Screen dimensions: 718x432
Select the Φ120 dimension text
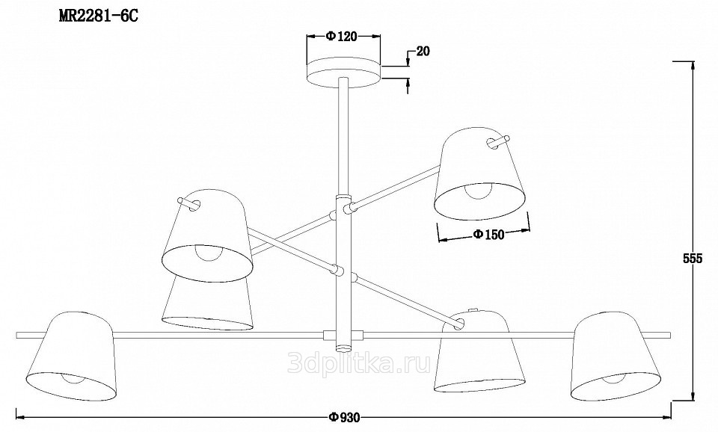tap(342, 36)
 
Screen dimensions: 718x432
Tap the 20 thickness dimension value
tap(423, 52)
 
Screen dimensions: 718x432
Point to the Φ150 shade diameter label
tap(488, 234)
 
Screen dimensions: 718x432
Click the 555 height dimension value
tap(693, 259)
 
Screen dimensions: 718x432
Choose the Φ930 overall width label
tap(344, 417)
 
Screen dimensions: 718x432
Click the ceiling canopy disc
tap(343, 73)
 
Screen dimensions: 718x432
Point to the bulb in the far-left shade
tap(73, 379)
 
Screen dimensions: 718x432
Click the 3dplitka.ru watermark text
tap(359, 364)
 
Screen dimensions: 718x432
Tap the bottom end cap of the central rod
tap(343, 347)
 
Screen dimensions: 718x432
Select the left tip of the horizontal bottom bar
tap(16, 335)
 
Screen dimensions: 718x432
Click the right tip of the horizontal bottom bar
tap(670, 336)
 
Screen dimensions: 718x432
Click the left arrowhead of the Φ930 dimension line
tap(20, 417)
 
